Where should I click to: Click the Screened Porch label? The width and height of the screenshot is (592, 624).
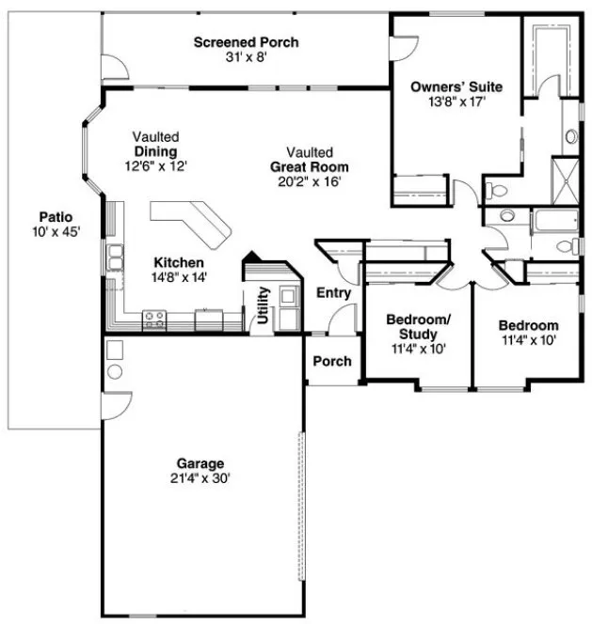246,42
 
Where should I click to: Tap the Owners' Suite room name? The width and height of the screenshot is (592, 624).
456,87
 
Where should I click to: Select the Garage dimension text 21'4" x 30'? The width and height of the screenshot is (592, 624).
200,477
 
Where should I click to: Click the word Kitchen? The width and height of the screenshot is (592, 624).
178,262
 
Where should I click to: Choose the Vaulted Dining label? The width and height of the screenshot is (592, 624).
155,151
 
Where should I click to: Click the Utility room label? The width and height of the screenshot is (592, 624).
263,305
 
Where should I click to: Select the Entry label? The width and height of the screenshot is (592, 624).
333,293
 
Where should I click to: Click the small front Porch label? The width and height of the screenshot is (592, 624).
331,361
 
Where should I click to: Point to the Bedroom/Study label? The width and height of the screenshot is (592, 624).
419,327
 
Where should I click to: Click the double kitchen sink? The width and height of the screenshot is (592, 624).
115,257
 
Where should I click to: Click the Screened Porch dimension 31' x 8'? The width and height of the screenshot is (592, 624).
246,57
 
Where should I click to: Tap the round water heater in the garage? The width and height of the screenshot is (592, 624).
114,371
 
